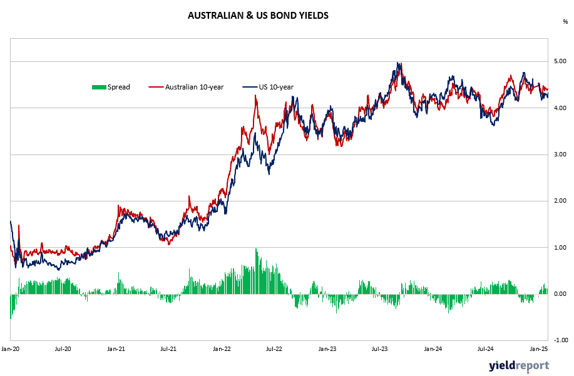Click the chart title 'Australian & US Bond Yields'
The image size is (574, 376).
coord(258,16)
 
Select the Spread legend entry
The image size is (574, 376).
coord(111,87)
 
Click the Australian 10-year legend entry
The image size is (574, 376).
coord(186,87)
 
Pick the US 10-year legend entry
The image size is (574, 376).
coord(268,87)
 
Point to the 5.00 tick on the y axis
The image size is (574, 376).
coord(560,61)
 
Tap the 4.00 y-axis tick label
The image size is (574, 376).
coord(560,108)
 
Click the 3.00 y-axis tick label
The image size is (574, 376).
coord(560,155)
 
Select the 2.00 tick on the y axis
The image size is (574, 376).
coord(560,201)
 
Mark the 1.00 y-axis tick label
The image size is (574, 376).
coord(560,248)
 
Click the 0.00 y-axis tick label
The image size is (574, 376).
coord(560,294)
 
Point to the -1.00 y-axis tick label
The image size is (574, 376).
coord(560,340)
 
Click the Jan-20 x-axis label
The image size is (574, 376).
coord(10,349)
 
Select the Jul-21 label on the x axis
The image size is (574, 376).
coord(168,349)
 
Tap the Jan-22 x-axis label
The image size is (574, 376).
coord(222,349)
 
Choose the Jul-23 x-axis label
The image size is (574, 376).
coord(379,349)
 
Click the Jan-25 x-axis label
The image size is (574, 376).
coord(539,349)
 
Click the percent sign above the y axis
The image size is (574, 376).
coord(565,22)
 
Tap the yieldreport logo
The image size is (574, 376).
coord(519,366)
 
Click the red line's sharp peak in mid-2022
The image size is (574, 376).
coord(255,95)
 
